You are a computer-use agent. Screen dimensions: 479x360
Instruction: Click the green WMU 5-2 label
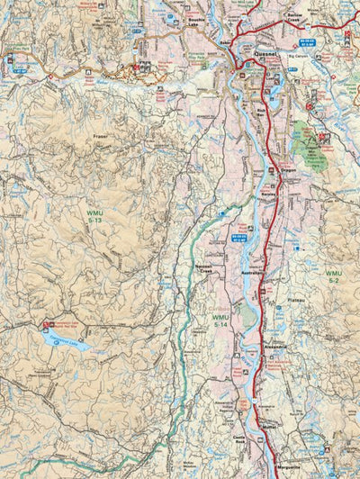click(x=334, y=276)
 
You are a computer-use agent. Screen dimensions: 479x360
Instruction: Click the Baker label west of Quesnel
click(x=223, y=41)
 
